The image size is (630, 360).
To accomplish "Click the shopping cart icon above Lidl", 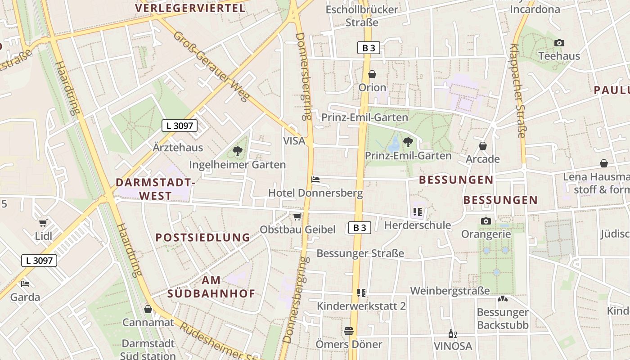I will (43, 223).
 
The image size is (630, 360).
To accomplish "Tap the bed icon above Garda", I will (25, 284).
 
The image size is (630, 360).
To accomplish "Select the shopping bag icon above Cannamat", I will (148, 309).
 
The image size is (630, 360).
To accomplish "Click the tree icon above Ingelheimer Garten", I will (237, 151).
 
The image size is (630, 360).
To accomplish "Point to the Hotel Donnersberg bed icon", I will (315, 180).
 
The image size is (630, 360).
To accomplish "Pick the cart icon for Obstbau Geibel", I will (297, 217).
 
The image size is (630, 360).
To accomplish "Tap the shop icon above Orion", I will (372, 74).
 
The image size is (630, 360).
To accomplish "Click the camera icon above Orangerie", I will (486, 221).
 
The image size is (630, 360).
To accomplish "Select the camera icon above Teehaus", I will (559, 43).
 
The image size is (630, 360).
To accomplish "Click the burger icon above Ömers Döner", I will (348, 331).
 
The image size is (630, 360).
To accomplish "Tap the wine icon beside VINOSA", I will (453, 333).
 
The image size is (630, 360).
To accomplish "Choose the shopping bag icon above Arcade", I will (483, 146).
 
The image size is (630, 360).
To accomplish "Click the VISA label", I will (294, 141).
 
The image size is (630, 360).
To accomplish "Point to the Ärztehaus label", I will (178, 148).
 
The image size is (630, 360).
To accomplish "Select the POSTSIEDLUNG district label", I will (202, 237).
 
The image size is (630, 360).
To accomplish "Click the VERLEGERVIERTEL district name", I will (190, 8).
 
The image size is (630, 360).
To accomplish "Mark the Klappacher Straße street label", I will (518, 90).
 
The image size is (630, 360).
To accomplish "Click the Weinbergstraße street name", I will (450, 291).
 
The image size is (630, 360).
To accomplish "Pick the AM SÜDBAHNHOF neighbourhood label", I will (211, 287).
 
